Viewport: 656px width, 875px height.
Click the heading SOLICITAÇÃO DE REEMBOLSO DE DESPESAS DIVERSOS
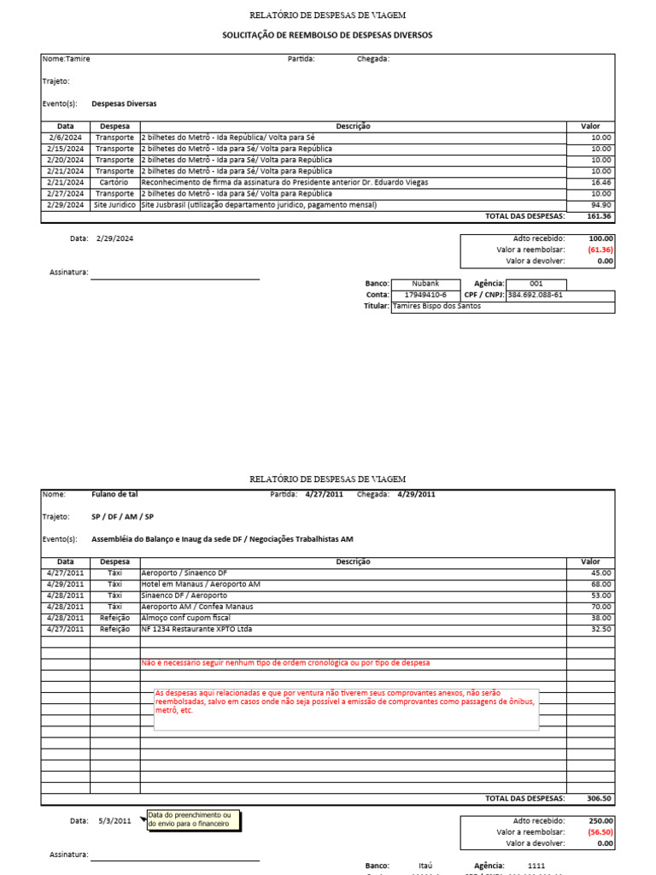point(327,35)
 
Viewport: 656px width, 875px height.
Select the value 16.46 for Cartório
point(600,182)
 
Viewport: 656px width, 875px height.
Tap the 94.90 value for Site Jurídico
point(600,205)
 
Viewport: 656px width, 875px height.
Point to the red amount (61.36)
point(600,250)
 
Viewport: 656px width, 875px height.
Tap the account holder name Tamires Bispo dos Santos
point(436,306)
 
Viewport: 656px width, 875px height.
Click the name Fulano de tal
point(114,494)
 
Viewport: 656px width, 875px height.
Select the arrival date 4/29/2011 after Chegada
point(416,494)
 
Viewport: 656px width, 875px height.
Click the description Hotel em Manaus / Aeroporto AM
point(201,584)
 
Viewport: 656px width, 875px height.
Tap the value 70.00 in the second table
point(600,606)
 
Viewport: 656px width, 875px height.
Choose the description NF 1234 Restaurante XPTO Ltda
point(196,629)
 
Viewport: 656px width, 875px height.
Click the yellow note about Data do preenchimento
point(194,820)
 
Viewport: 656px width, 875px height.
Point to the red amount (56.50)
point(600,831)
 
